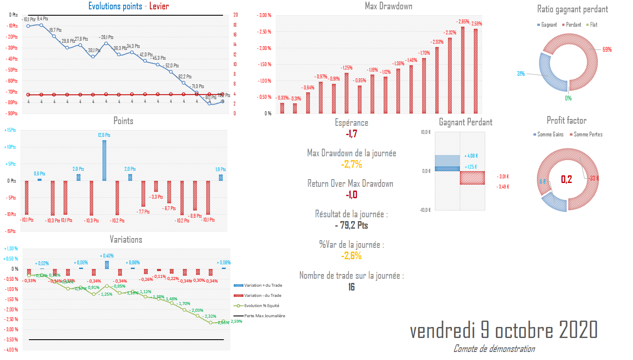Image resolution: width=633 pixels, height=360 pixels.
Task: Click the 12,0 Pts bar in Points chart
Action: pos(104,160)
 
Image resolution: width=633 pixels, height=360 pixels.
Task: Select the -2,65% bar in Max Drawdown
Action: pos(463,70)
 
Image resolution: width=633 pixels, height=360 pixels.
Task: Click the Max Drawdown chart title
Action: pos(388,6)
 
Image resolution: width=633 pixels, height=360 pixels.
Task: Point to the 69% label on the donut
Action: pos(607,50)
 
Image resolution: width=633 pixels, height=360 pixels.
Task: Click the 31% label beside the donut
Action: pos(521,74)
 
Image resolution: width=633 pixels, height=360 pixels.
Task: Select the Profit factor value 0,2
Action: pos(566,179)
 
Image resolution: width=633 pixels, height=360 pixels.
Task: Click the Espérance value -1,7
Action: pos(351,134)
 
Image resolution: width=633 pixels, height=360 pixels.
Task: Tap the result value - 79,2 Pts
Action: pos(351,225)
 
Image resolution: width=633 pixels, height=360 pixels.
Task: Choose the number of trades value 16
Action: pos(351,287)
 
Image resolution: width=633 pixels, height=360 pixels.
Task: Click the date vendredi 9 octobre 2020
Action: pos(503,330)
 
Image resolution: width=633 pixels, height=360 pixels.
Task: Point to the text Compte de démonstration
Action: pos(494,349)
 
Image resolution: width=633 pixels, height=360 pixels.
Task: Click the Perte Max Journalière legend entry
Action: pos(264,316)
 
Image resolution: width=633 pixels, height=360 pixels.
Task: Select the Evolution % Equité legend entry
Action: pos(261,305)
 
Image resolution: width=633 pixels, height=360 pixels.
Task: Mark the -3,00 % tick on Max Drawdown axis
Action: pos(264,15)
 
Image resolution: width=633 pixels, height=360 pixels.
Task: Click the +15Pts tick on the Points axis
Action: pos(10,130)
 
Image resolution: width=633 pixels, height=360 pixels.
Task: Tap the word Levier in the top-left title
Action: pos(159,6)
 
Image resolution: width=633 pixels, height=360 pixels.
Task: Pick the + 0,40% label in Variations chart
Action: pos(107,256)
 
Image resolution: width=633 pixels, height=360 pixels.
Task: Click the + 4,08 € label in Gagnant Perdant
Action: pos(471,156)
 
